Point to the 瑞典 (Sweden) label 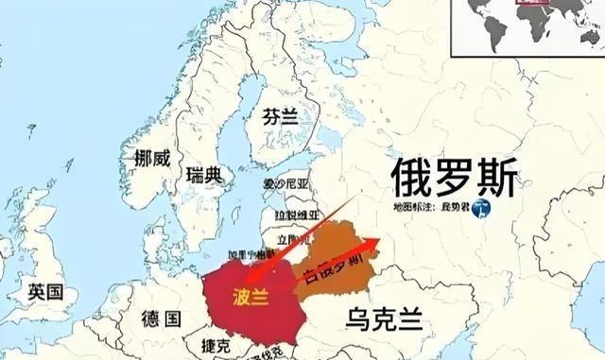tap(205, 175)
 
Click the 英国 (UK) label tap(45, 291)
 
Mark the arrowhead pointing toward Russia tap(379, 242)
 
